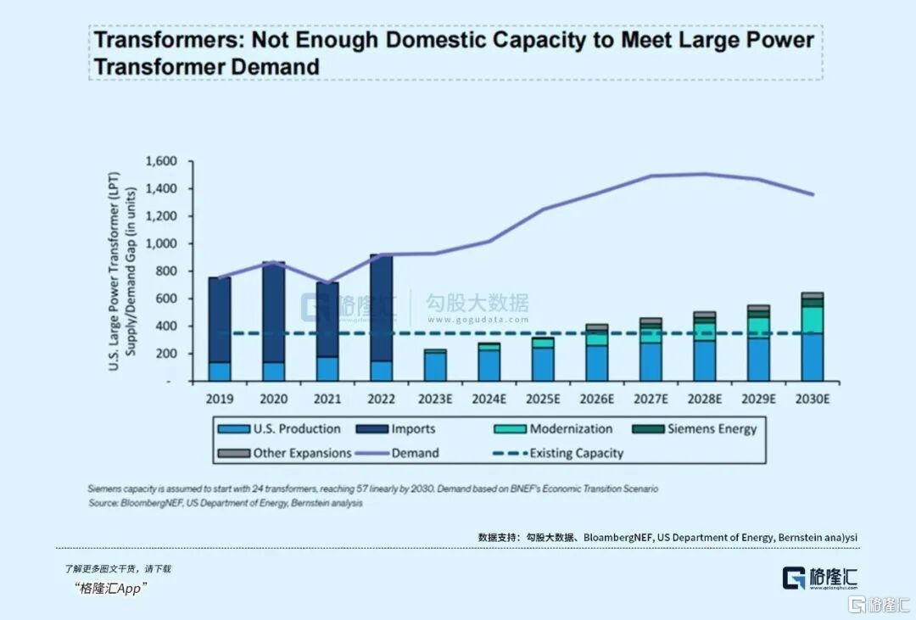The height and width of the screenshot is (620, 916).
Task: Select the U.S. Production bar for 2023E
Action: click(435, 366)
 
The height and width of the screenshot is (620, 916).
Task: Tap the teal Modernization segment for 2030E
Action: click(813, 319)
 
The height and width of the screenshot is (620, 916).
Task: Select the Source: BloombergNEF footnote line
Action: click(225, 503)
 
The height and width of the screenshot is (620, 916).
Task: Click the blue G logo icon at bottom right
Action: click(794, 578)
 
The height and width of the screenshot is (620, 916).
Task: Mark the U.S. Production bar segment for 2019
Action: click(220, 371)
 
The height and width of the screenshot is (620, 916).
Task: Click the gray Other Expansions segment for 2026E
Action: click(597, 327)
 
